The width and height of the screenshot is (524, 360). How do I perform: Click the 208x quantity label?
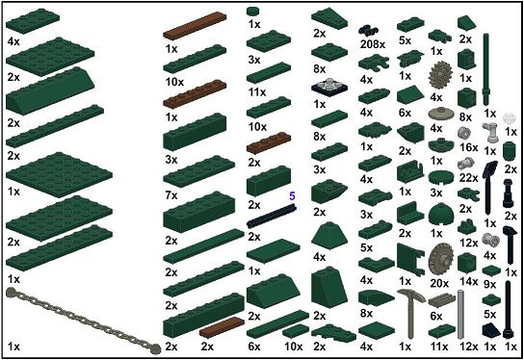tap(373, 44)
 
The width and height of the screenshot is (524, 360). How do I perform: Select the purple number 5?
tap(292, 196)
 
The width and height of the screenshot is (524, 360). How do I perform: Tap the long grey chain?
tap(84, 321)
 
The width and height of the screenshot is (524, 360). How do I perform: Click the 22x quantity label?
tap(468, 178)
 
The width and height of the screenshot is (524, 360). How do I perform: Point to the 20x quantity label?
tap(439, 283)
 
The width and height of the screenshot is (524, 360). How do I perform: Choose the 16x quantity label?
tap(468, 147)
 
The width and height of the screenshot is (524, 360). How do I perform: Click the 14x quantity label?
tap(468, 281)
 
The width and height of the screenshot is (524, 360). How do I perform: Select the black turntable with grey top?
tap(329, 87)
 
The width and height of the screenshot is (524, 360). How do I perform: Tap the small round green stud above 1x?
tap(254, 12)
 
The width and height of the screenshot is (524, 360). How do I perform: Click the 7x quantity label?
tap(171, 195)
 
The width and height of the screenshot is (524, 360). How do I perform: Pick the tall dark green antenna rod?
tap(486, 68)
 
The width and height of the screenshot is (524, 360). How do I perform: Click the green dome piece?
tap(440, 214)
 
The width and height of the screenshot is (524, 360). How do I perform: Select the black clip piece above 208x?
tap(368, 31)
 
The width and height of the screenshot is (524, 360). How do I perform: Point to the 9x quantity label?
tap(490, 284)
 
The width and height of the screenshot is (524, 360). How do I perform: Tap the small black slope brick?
tap(491, 330)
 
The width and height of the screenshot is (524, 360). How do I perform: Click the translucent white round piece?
tap(510, 118)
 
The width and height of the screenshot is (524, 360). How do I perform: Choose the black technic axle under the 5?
tap(272, 216)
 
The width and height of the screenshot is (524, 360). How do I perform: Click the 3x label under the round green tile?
tap(436, 193)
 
